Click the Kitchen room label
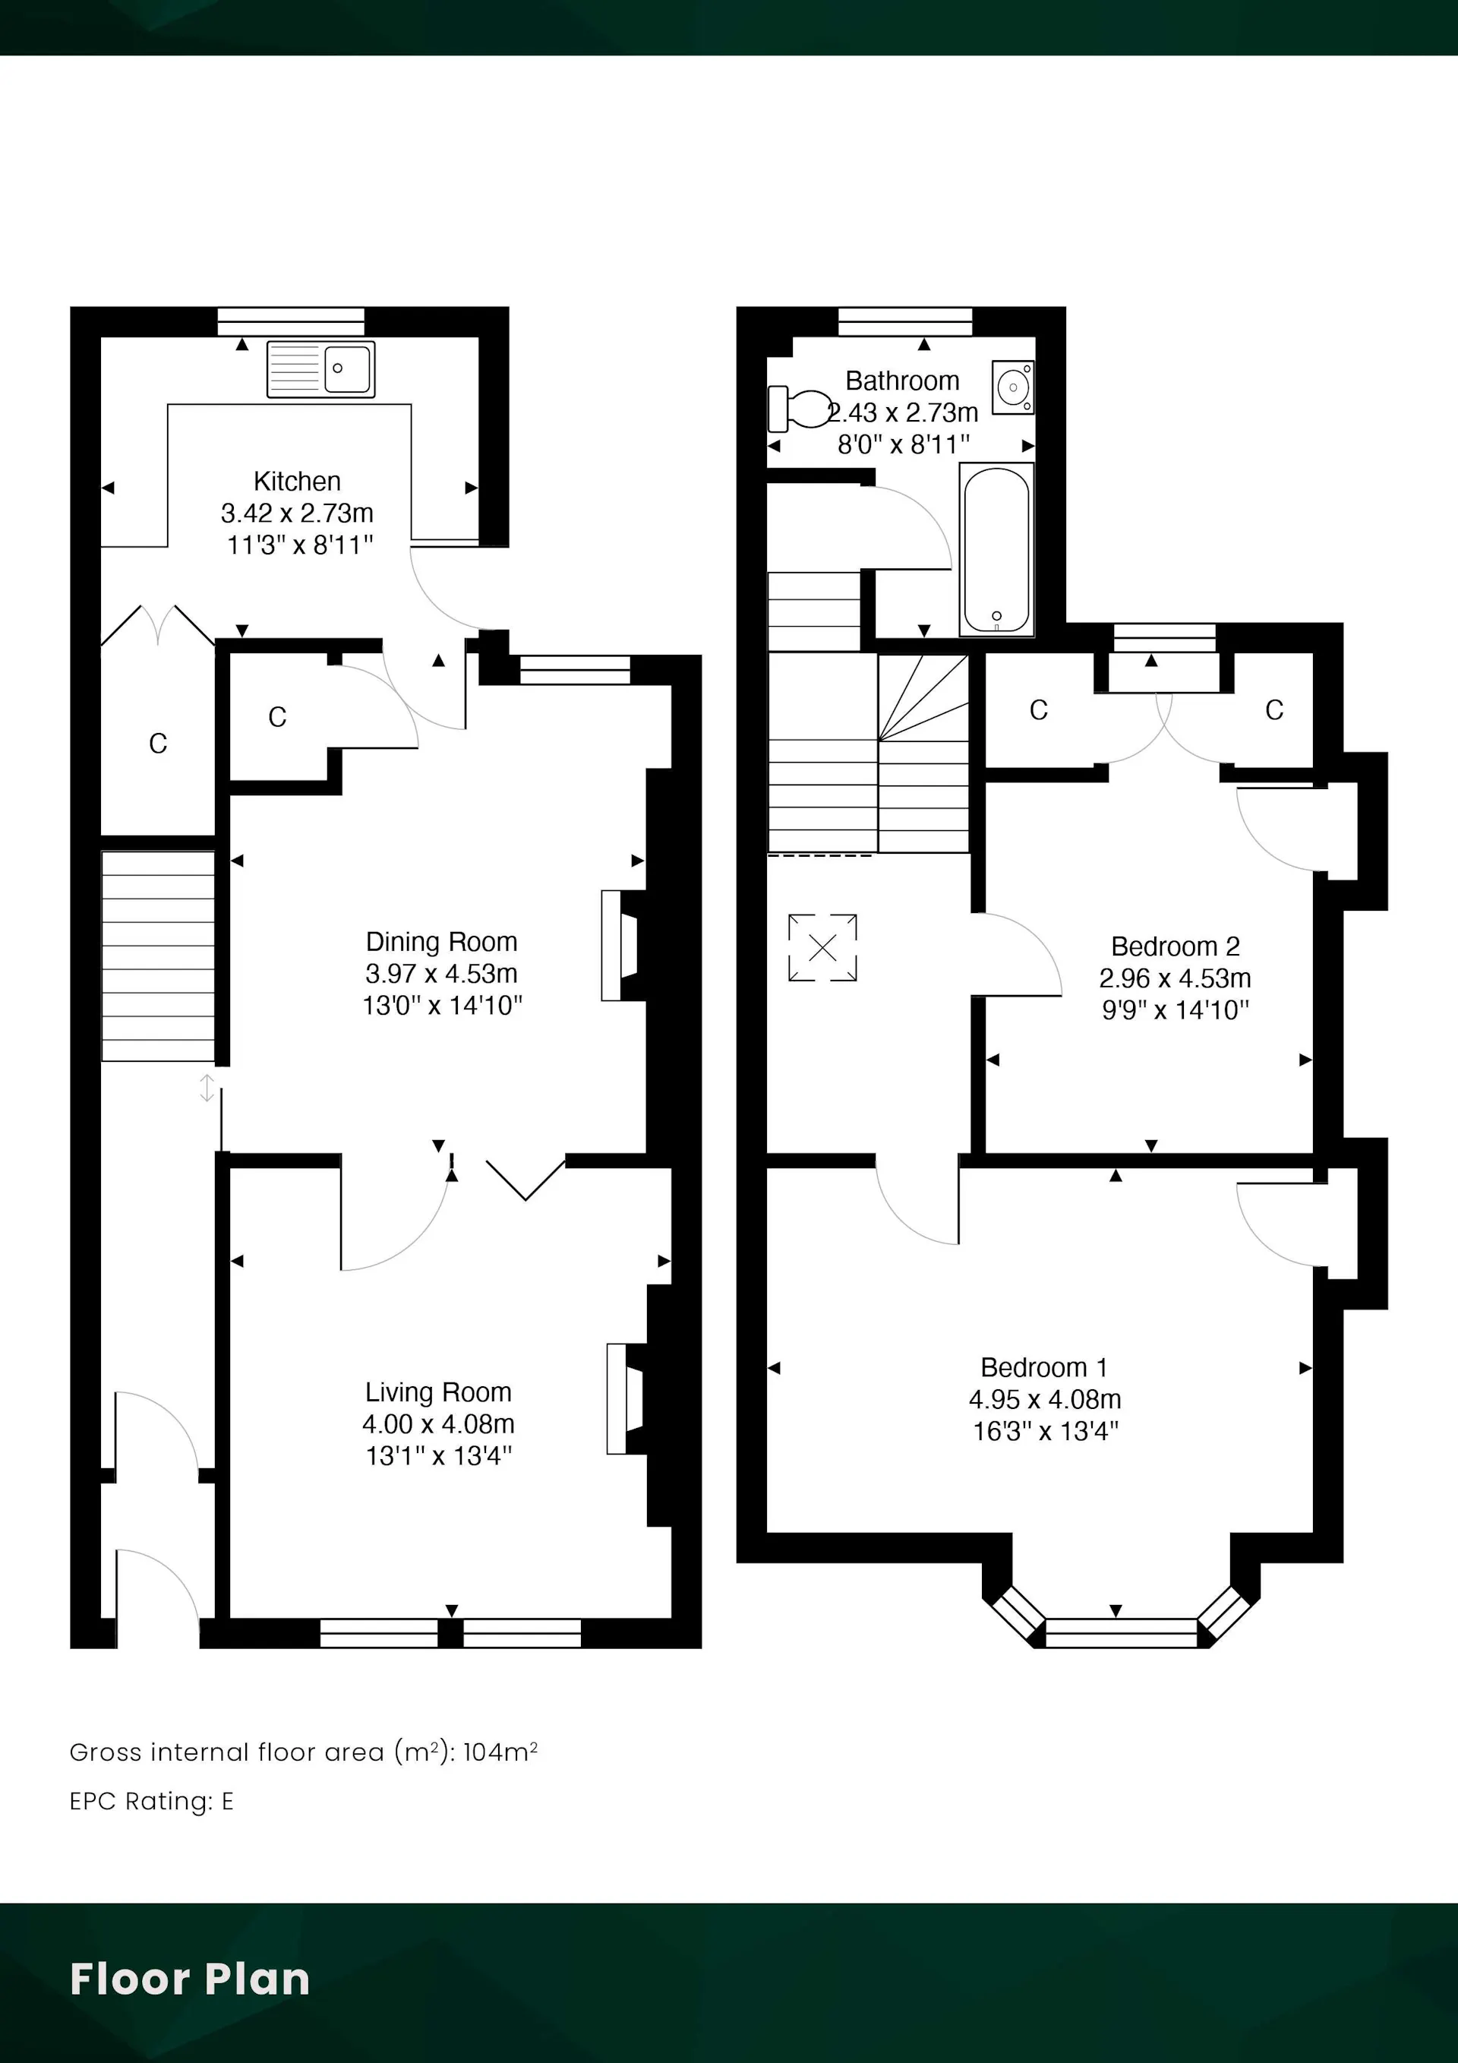point(298,481)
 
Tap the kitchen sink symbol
point(320,368)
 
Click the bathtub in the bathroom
point(996,549)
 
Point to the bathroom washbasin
point(1013,387)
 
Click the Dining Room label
point(441,942)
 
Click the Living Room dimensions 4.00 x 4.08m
point(438,1424)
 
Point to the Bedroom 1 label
point(1044,1367)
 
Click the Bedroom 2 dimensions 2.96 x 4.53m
point(1175,978)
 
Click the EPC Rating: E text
point(152,1802)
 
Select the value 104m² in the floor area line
point(500,1752)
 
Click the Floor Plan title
point(190,1979)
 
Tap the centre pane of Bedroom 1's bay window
point(1121,1632)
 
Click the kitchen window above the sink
point(291,321)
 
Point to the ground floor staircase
point(158,956)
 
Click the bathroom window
point(904,321)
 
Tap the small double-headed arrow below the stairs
point(207,1088)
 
